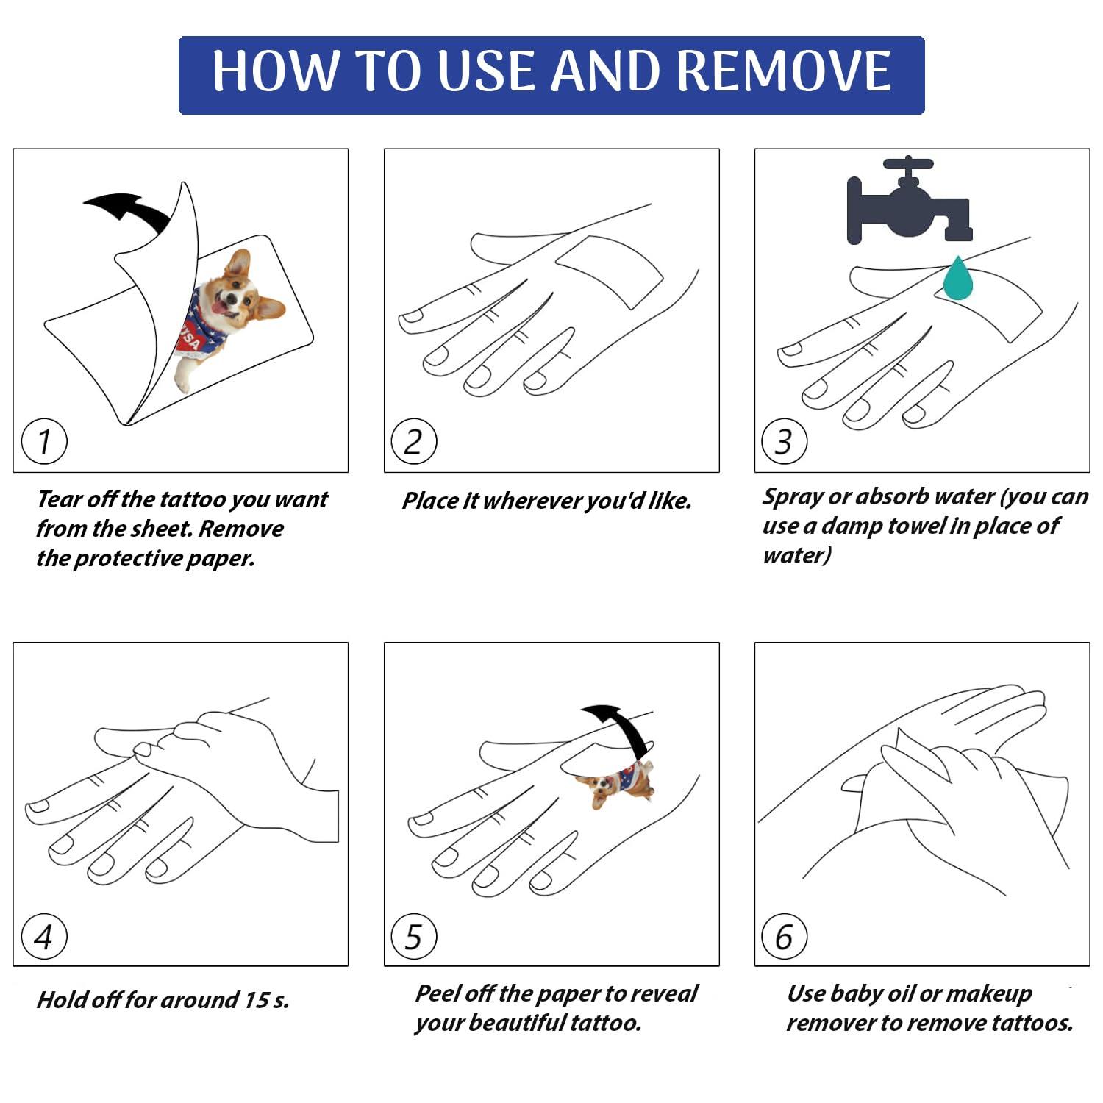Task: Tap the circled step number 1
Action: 44,441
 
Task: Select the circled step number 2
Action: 414,441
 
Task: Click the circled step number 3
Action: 785,441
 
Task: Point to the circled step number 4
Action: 44,936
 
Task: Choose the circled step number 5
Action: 414,936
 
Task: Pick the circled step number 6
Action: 785,936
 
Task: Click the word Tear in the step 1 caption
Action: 60,499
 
